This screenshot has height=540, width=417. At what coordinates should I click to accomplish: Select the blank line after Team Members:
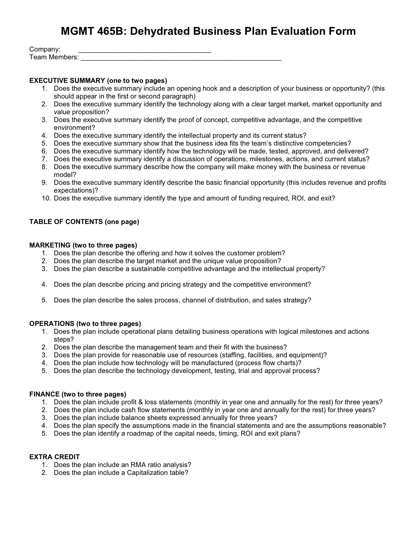pos(181,60)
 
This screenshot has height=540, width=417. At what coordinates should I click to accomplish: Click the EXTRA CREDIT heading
pos(55,457)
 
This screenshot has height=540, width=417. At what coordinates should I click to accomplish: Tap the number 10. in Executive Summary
pos(46,198)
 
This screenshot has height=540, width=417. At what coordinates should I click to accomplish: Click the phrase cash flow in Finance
pos(135,410)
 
